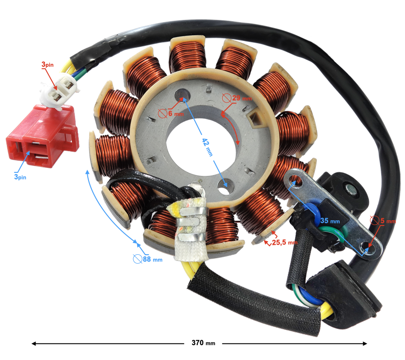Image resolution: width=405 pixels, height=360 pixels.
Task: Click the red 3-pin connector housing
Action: point(43,136)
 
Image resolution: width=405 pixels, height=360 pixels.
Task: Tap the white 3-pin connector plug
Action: point(60,90)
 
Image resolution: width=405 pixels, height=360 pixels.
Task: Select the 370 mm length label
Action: point(203,343)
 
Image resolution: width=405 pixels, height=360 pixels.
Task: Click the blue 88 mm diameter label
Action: point(148,259)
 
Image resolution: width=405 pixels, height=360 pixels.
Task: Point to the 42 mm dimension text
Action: point(207,147)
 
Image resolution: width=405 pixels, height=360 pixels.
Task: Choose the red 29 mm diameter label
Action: point(237,98)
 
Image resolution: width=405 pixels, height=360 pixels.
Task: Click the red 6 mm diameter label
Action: point(171,113)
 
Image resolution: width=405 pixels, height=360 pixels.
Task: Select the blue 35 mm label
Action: point(330,221)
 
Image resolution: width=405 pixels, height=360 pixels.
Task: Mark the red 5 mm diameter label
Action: point(383,221)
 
